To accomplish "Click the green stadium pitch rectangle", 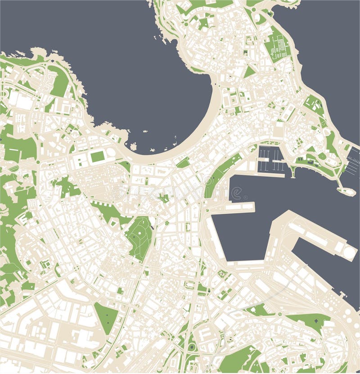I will tap(98, 157).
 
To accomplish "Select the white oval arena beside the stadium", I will tap(111, 153).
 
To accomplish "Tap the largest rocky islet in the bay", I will tap(133, 146).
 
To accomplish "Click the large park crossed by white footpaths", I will tap(140, 237).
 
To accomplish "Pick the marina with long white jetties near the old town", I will tap(271, 160).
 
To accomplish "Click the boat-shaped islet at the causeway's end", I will tap(346, 191).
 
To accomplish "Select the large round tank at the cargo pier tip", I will tap(350, 252).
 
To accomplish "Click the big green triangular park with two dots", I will tap(106, 317).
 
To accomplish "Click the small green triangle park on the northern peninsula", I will tap(250, 72).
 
